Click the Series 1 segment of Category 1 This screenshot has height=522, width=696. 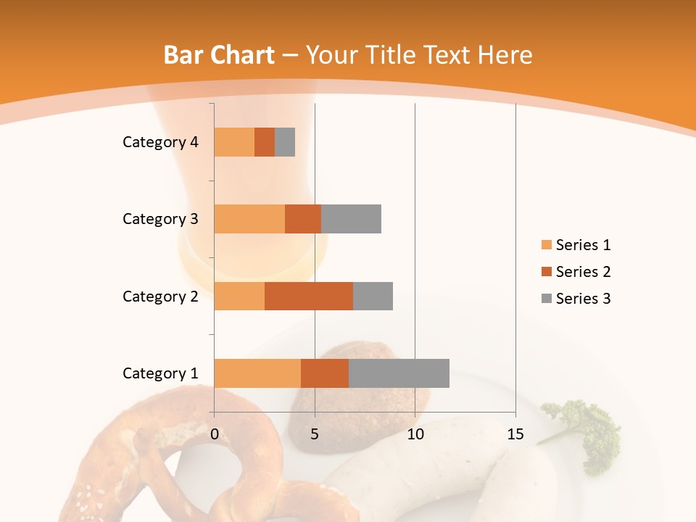[x=257, y=373]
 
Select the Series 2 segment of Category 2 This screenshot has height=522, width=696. [x=309, y=296]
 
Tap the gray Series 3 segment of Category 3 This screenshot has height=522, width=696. [x=351, y=219]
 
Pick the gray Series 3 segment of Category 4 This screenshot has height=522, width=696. [x=285, y=142]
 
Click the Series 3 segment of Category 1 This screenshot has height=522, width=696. [x=399, y=373]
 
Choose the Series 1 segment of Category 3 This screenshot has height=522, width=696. [x=249, y=219]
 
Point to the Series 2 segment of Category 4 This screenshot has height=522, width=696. [x=265, y=142]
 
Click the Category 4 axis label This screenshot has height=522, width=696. [x=160, y=142]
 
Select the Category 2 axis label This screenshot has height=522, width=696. [x=160, y=296]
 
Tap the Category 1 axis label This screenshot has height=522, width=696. [x=160, y=373]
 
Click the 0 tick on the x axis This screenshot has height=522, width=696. [x=215, y=434]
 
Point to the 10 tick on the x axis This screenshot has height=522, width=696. [x=415, y=434]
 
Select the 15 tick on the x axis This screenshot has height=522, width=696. [x=515, y=434]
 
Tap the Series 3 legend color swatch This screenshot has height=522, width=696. [x=546, y=299]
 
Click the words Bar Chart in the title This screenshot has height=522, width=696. [x=219, y=55]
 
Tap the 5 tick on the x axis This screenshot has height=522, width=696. [x=315, y=434]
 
